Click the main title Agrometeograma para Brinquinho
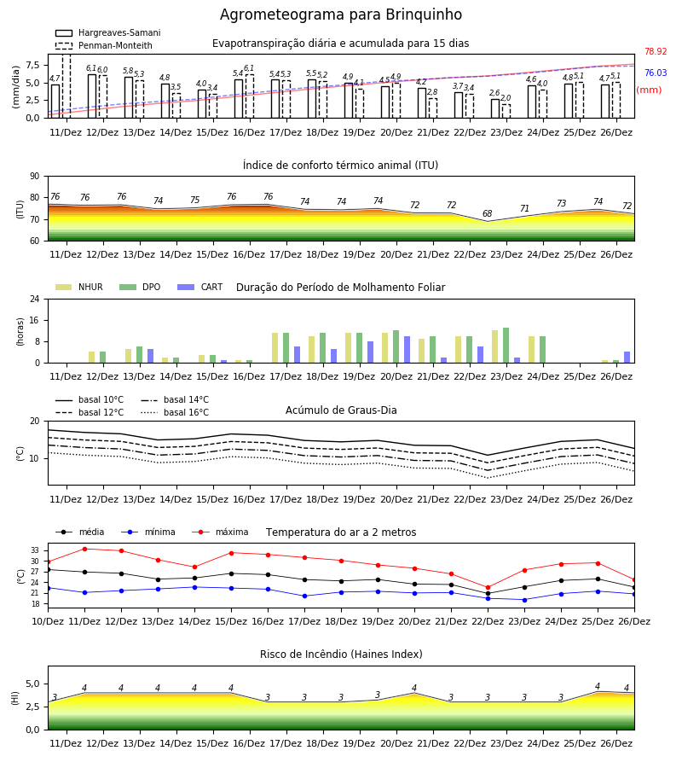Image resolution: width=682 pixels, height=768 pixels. pyautogui.click(x=340, y=15)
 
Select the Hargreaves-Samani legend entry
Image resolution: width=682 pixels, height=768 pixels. pyautogui.click(x=108, y=32)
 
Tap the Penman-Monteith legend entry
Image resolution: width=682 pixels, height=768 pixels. pyautogui.click(x=104, y=45)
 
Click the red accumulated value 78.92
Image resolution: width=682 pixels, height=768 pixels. pyautogui.click(x=656, y=51)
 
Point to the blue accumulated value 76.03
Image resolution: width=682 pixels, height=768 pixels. pyautogui.click(x=656, y=73)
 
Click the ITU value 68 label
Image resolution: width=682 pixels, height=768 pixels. pyautogui.click(x=488, y=213)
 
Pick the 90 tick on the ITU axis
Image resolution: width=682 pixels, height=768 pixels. pyautogui.click(x=34, y=177)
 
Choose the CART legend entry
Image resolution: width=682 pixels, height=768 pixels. pyautogui.click(x=200, y=287)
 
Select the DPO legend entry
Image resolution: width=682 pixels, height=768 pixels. pyautogui.click(x=140, y=287)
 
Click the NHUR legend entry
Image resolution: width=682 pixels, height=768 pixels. pyautogui.click(x=79, y=287)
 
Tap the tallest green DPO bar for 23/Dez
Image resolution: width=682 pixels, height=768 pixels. pyautogui.click(x=506, y=346)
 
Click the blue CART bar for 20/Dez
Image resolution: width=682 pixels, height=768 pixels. pyautogui.click(x=407, y=350)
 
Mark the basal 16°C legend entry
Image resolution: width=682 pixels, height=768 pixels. pyautogui.click(x=175, y=412)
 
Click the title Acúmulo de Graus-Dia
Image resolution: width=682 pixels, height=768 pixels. pyautogui.click(x=341, y=410)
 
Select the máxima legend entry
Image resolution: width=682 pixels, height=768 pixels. pyautogui.click(x=220, y=532)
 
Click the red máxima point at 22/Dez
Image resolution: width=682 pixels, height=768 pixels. pyautogui.click(x=488, y=587)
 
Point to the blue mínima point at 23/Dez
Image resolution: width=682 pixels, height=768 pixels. pyautogui.click(x=524, y=600)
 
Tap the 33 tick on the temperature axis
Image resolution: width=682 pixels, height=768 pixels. pyautogui.click(x=35, y=550)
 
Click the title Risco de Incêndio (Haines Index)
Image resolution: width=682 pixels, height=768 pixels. pyautogui.click(x=341, y=655)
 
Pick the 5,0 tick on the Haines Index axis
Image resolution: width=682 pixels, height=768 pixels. pyautogui.click(x=32, y=684)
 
